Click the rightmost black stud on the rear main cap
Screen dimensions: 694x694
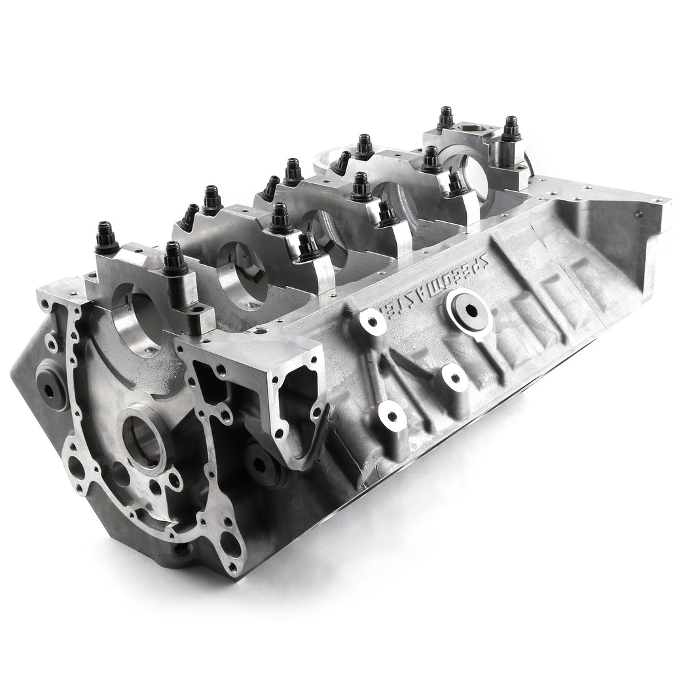tap(511, 130)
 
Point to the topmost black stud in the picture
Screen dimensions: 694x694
tap(446, 117)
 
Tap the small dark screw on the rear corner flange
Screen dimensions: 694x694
tap(636, 213)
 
